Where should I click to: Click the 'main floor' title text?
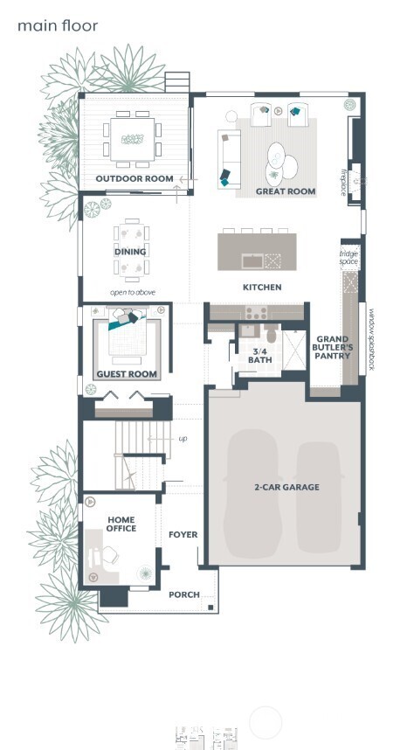[x=58, y=26]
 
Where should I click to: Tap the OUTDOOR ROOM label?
[x=135, y=178]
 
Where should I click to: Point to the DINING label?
[x=130, y=252]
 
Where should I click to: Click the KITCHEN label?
[x=262, y=287]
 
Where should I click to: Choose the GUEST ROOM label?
[x=127, y=374]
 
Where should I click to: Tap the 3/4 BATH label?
[x=260, y=355]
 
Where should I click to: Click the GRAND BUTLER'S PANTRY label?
[x=334, y=347]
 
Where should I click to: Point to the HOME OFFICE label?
[x=121, y=524]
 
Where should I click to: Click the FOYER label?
[x=183, y=534]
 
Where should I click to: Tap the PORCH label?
[x=183, y=594]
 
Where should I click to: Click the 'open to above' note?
[x=132, y=292]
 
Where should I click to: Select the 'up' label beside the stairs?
[x=182, y=438]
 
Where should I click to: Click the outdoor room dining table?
[x=134, y=139]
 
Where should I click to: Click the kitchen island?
[x=256, y=250]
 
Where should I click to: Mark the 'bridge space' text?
[x=349, y=257]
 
